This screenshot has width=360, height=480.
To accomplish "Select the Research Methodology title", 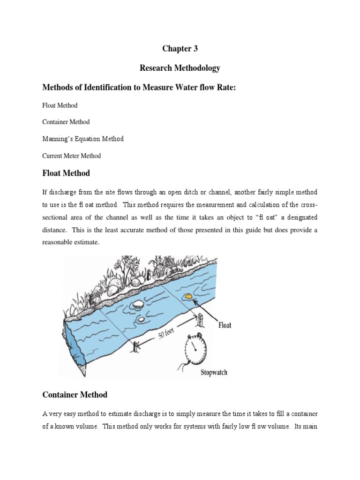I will (180, 68).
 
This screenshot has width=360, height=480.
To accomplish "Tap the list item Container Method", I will (66, 122).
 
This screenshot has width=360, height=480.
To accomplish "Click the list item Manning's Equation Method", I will (83, 139).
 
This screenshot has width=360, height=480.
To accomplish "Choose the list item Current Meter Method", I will (71, 156).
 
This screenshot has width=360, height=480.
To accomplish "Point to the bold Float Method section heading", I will (66, 173).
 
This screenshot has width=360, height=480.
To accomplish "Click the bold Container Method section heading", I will (75, 395).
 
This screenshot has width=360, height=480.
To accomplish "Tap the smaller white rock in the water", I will (140, 320).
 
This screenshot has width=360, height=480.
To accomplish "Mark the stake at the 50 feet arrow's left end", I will (136, 347).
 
